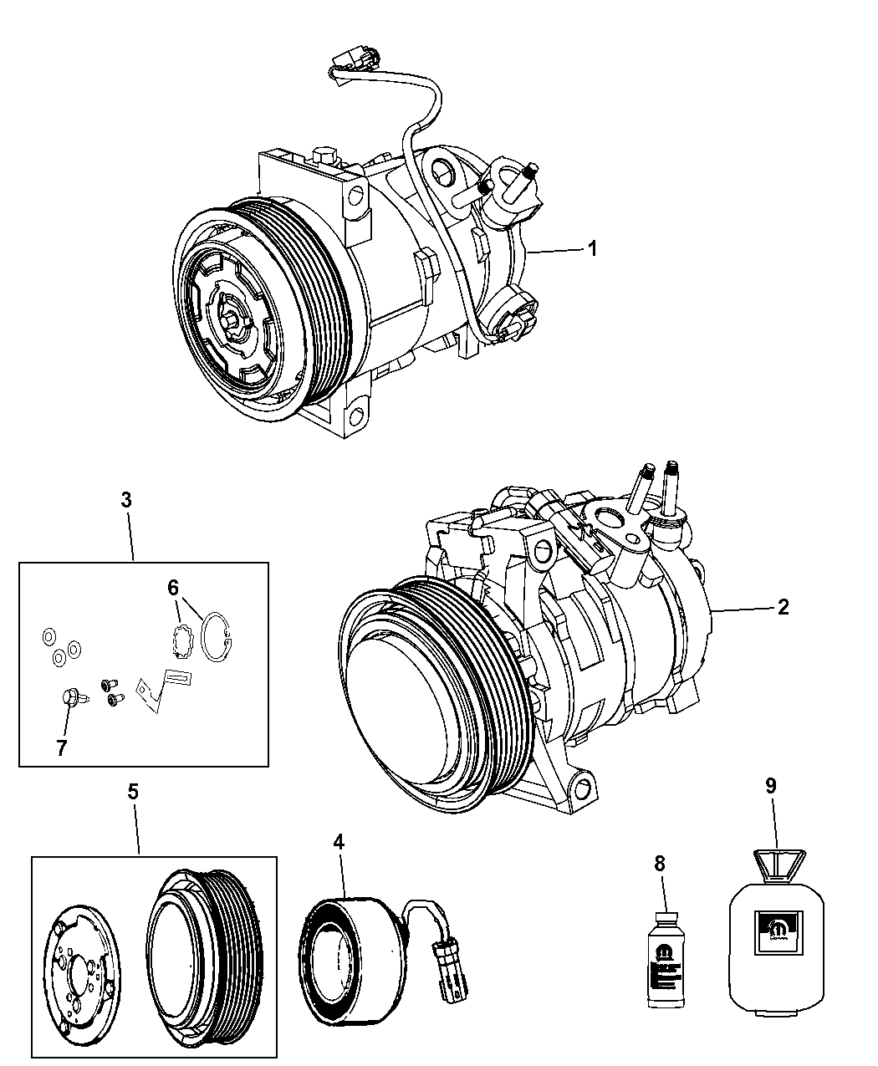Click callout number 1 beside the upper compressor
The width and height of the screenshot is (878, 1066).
(592, 248)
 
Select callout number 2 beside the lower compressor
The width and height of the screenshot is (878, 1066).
(782, 608)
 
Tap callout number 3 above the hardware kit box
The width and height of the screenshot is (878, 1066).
(125, 501)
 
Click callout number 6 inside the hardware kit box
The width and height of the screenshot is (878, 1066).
(173, 588)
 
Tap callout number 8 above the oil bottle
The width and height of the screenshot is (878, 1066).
(659, 864)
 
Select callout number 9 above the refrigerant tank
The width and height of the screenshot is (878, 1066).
(770, 785)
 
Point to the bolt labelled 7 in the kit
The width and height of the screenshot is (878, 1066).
(68, 696)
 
